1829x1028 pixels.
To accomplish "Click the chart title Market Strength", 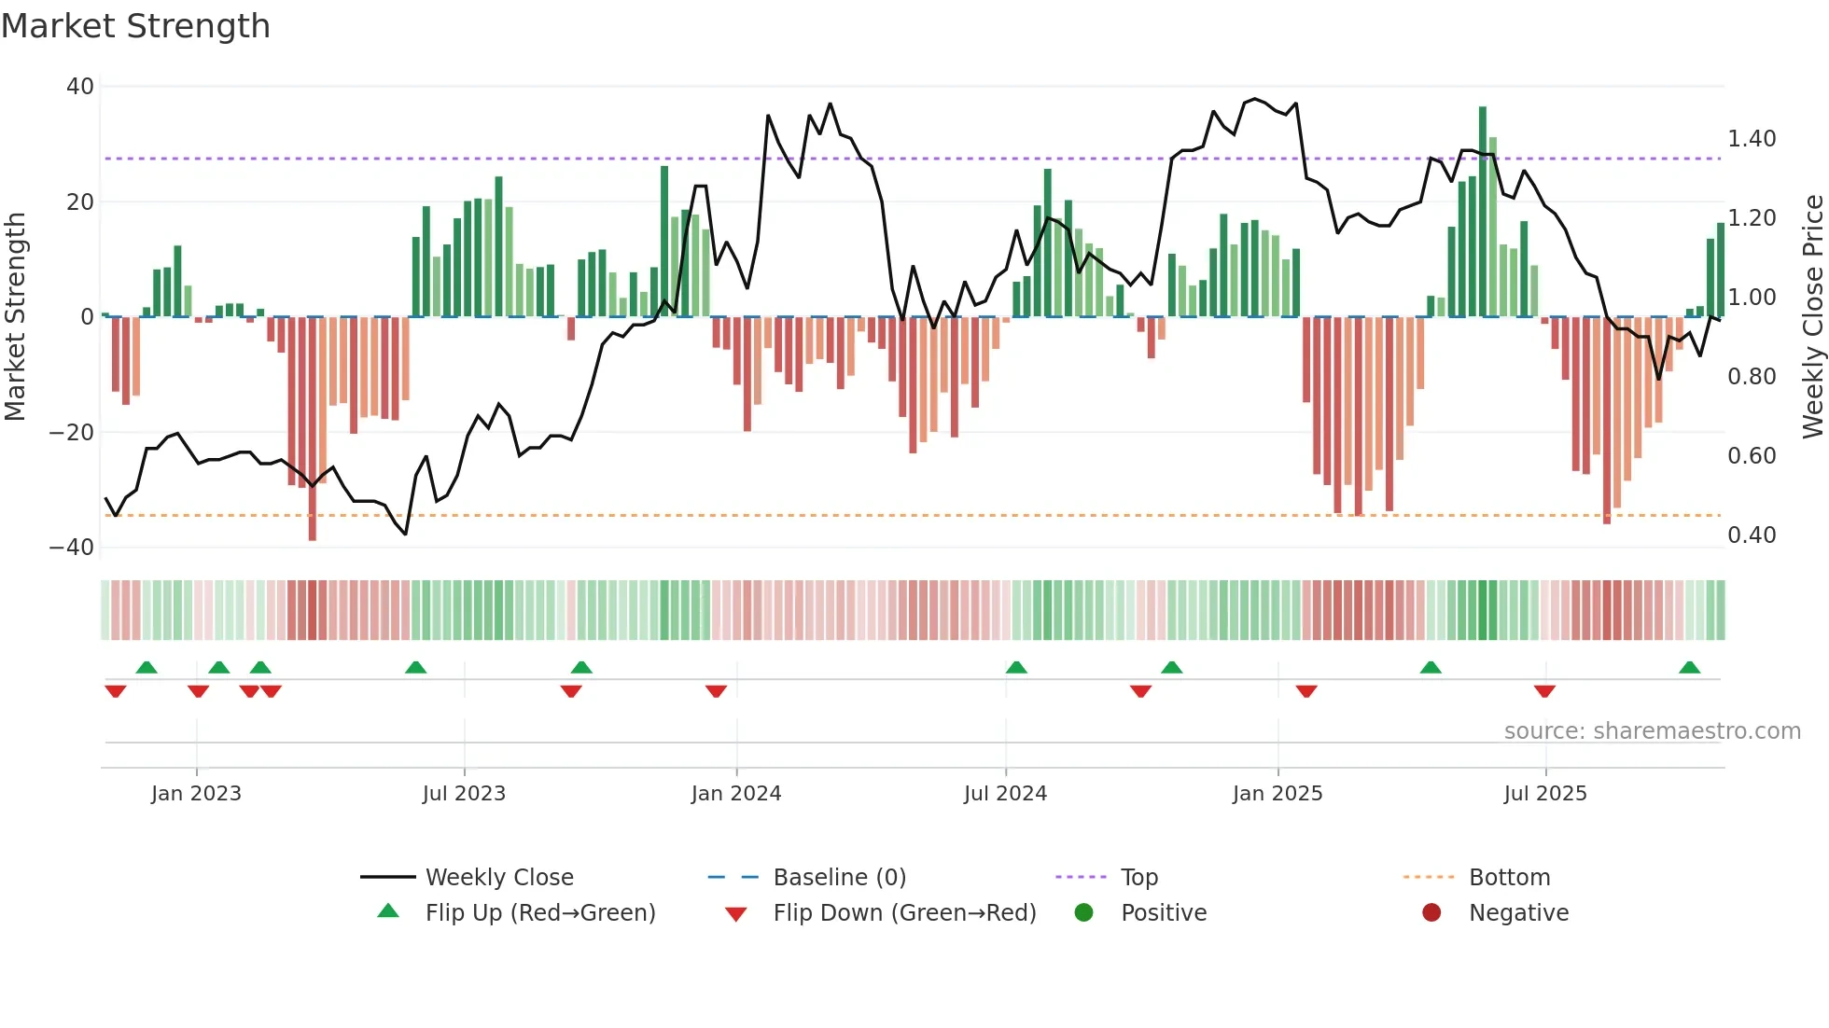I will point(135,26).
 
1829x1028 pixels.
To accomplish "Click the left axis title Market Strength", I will point(16,316).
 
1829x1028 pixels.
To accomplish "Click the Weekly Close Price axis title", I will point(1812,316).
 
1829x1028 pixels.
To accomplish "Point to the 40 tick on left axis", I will point(80,87).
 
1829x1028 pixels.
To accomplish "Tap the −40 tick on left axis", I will point(72,548).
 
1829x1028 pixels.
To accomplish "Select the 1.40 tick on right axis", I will point(1752,139).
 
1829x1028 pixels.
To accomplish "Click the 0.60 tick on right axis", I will point(1752,456).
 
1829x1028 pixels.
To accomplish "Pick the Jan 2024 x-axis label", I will point(736,794).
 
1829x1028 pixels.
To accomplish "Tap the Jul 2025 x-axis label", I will point(1545,794).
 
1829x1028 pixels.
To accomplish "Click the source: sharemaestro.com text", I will point(1652,731).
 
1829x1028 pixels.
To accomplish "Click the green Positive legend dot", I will point(1083,912).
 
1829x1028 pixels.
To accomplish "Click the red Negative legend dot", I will point(1431,912).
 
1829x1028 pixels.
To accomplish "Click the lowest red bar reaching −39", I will point(313,429).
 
